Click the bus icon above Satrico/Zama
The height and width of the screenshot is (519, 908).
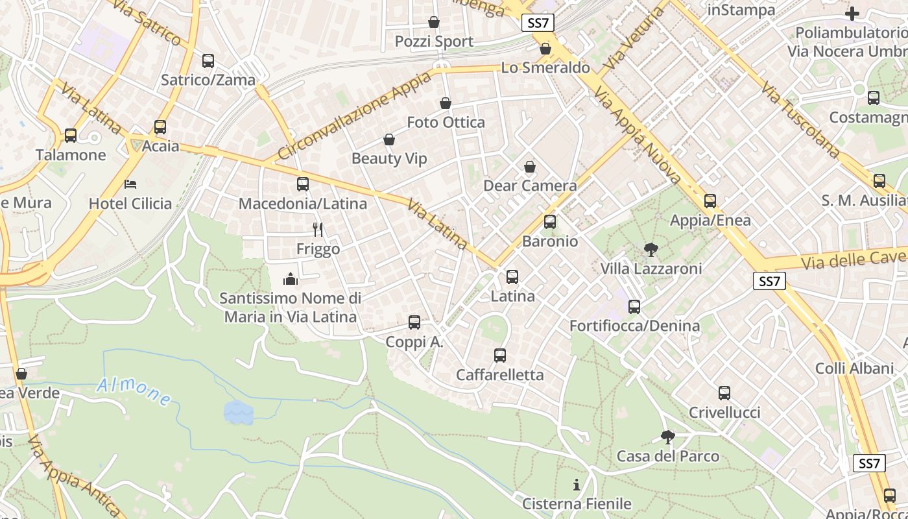208,61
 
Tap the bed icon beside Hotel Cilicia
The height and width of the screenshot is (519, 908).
130,184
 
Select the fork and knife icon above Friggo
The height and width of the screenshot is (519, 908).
318,229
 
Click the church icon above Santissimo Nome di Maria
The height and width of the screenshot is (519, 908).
291,279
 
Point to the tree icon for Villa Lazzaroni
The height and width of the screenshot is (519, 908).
651,249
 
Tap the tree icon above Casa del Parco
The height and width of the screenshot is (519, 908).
667,437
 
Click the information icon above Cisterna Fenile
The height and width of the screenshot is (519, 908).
576,485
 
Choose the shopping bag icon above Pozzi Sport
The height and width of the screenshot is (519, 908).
434,23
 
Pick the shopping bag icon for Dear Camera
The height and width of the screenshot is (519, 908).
530,167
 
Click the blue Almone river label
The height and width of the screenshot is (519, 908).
134,390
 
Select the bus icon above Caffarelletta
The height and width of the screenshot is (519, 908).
499,356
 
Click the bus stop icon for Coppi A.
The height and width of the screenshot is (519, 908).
414,322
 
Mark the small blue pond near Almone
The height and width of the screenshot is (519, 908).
238,412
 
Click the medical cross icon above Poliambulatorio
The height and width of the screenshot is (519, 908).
852,13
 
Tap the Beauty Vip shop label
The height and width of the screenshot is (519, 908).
389,158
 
